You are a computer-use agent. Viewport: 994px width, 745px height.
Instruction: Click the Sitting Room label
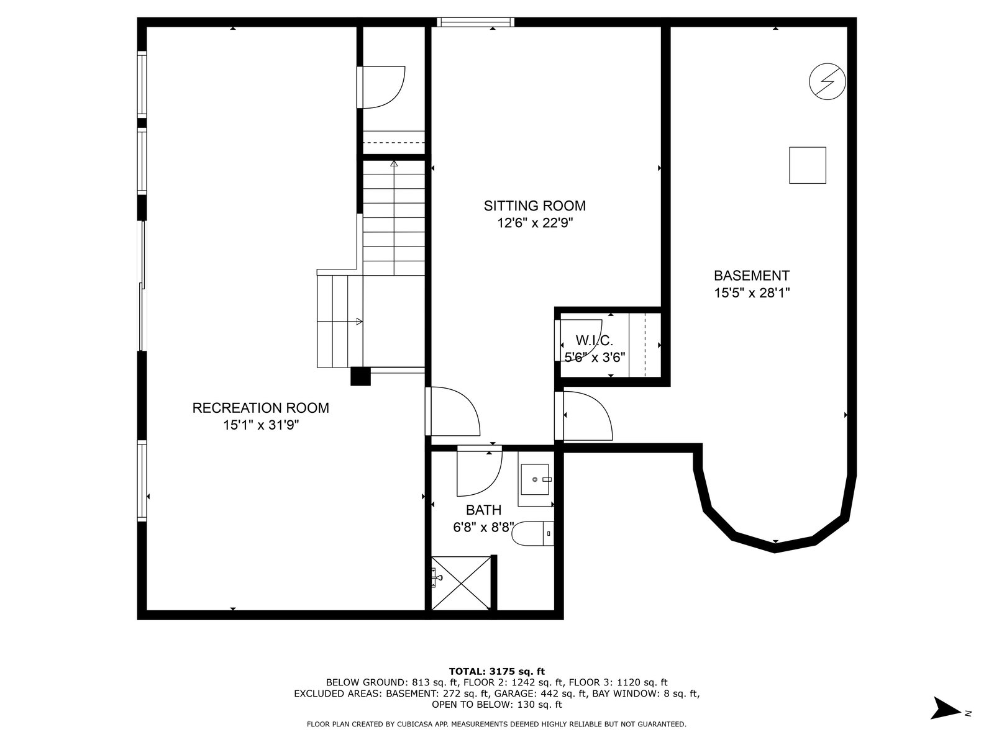pyautogui.click(x=534, y=206)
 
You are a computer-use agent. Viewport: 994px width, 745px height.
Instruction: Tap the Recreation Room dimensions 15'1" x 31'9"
pyautogui.click(x=262, y=425)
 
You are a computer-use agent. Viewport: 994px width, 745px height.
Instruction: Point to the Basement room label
pyautogui.click(x=752, y=276)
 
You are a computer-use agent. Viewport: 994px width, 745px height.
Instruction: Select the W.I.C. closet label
pyautogui.click(x=594, y=340)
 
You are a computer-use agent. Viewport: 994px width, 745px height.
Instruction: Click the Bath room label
pyautogui.click(x=483, y=510)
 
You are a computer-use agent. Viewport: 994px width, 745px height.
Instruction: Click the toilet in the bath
pyautogui.click(x=533, y=533)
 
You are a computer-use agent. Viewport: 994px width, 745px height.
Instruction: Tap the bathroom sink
pyautogui.click(x=536, y=479)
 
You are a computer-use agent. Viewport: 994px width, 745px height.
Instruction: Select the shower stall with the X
pyautogui.click(x=461, y=583)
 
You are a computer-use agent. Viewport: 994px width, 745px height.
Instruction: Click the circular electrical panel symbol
pyautogui.click(x=828, y=81)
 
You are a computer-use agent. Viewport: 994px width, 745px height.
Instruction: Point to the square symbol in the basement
pyautogui.click(x=808, y=165)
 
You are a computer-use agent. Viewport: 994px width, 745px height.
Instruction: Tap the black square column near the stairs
pyautogui.click(x=360, y=376)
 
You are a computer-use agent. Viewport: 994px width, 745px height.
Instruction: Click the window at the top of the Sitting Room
pyautogui.click(x=475, y=22)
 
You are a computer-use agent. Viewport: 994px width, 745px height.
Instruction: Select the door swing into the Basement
pyautogui.click(x=583, y=416)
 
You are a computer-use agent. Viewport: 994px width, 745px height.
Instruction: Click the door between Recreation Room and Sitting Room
pyautogui.click(x=452, y=411)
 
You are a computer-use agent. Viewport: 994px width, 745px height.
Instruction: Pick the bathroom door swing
pyautogui.click(x=480, y=471)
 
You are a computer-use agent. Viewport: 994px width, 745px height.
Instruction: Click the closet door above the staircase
pyautogui.click(x=381, y=88)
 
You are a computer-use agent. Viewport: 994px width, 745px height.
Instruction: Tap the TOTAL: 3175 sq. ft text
pyautogui.click(x=497, y=671)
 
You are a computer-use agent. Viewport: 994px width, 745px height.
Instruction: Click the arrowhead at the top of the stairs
pyautogui.click(x=394, y=163)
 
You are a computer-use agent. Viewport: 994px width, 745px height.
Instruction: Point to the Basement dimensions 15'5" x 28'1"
pyautogui.click(x=752, y=293)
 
